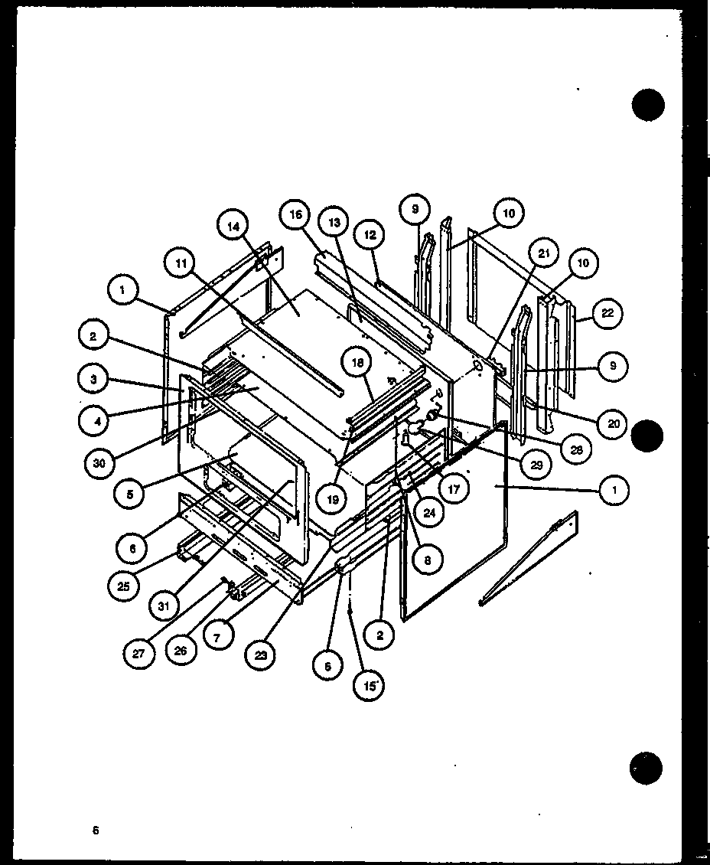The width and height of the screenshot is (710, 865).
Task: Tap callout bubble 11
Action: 178,263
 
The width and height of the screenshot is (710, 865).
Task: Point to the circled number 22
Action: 607,312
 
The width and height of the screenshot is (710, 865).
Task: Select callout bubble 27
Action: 140,654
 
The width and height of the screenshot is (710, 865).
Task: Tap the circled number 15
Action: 370,685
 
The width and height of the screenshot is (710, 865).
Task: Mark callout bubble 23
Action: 263,654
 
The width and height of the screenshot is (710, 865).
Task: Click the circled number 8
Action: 425,560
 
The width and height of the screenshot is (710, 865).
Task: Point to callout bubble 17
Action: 454,488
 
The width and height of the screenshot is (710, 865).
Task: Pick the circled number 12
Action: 370,236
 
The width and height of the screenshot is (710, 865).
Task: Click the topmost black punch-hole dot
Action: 649,105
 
